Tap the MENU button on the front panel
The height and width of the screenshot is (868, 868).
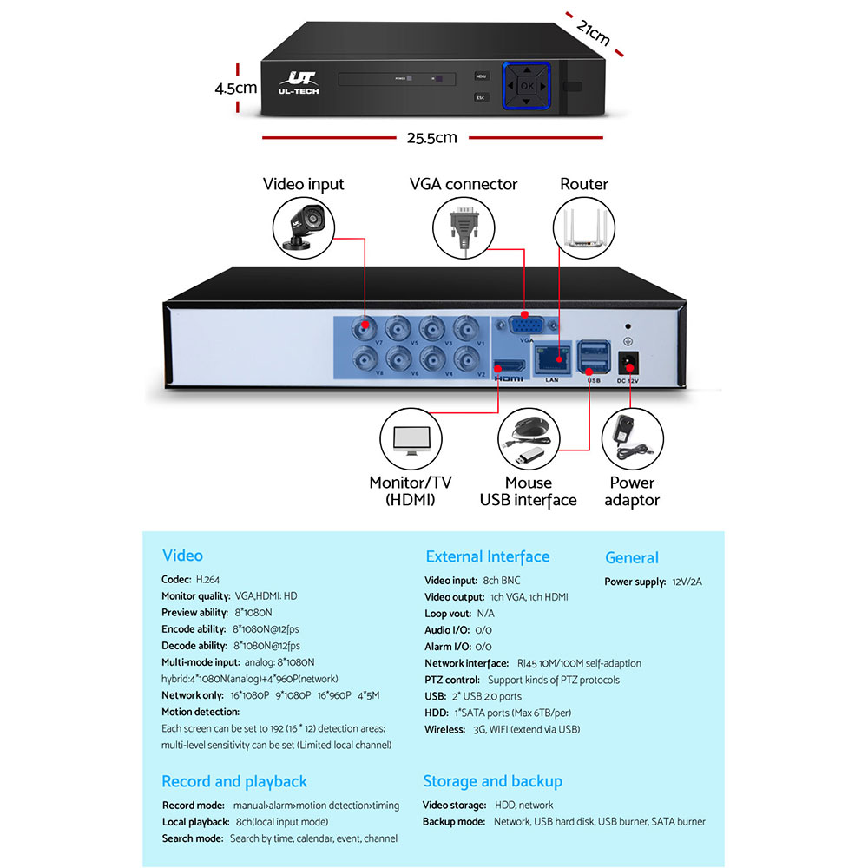[x=480, y=76]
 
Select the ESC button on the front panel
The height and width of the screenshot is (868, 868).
[x=480, y=98]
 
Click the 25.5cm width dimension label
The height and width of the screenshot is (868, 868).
[x=431, y=137]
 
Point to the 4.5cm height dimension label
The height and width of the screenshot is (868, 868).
[x=236, y=88]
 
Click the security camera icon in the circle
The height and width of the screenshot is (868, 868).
[x=304, y=224]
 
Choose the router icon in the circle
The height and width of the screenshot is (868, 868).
[x=582, y=225]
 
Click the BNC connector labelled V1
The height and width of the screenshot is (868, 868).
[x=468, y=329]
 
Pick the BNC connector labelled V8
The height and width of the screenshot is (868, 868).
[x=363, y=358]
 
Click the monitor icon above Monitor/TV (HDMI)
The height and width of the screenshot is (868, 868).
[x=411, y=440]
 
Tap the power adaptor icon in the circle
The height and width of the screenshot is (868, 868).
[x=632, y=439]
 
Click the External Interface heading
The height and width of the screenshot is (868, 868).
[x=487, y=556]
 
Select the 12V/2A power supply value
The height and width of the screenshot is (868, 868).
[x=687, y=582]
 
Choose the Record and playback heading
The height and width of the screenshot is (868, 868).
[x=234, y=781]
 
